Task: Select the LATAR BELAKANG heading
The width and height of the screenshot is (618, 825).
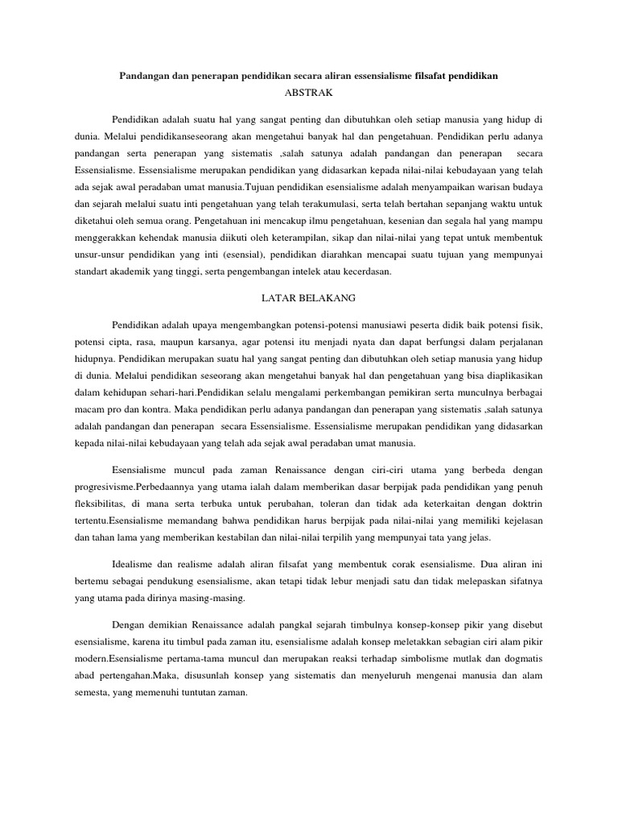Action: [x=309, y=298]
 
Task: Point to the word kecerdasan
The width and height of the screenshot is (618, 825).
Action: [x=364, y=272]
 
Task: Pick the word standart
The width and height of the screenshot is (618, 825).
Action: [x=93, y=272]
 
